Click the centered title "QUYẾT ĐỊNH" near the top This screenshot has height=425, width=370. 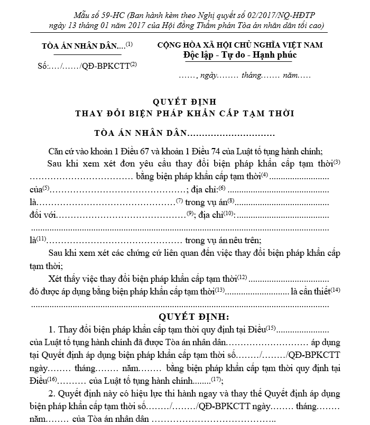183,101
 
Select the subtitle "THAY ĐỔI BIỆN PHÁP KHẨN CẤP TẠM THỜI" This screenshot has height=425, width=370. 184,113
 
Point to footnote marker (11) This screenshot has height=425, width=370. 41,239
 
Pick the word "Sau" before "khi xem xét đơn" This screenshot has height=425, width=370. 55,163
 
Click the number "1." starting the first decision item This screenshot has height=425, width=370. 51,329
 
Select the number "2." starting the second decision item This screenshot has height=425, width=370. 51,394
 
